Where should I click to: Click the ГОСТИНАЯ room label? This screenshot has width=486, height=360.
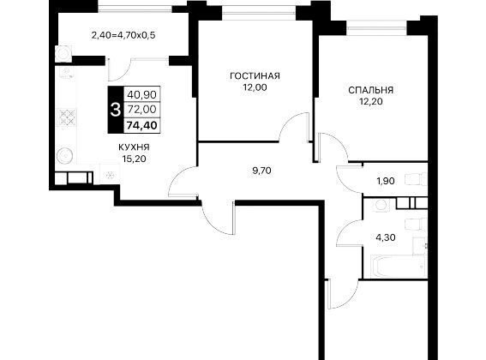255,76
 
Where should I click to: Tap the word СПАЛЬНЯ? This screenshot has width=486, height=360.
370,90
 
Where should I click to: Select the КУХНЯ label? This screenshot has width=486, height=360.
134,147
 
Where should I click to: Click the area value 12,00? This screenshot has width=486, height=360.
255,87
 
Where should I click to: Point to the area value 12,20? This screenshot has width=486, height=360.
370,101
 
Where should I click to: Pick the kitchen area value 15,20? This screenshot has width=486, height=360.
134,159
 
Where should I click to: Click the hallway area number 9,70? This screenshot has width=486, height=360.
261,171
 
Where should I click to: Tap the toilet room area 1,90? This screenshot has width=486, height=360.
386,181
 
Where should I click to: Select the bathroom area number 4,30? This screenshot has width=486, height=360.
386,237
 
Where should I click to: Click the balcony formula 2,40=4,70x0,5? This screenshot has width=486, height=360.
123,35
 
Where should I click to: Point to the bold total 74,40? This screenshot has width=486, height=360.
142,126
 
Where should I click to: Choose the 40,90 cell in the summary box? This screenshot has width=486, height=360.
142,94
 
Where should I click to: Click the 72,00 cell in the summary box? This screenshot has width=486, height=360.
142,109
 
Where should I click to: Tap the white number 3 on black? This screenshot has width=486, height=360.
116,110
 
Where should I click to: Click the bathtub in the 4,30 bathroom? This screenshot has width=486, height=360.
398,267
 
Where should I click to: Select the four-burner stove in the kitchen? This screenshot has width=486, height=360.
67,117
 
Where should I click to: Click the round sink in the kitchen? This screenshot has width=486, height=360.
65,155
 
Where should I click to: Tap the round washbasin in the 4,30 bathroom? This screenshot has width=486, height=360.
381,205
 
